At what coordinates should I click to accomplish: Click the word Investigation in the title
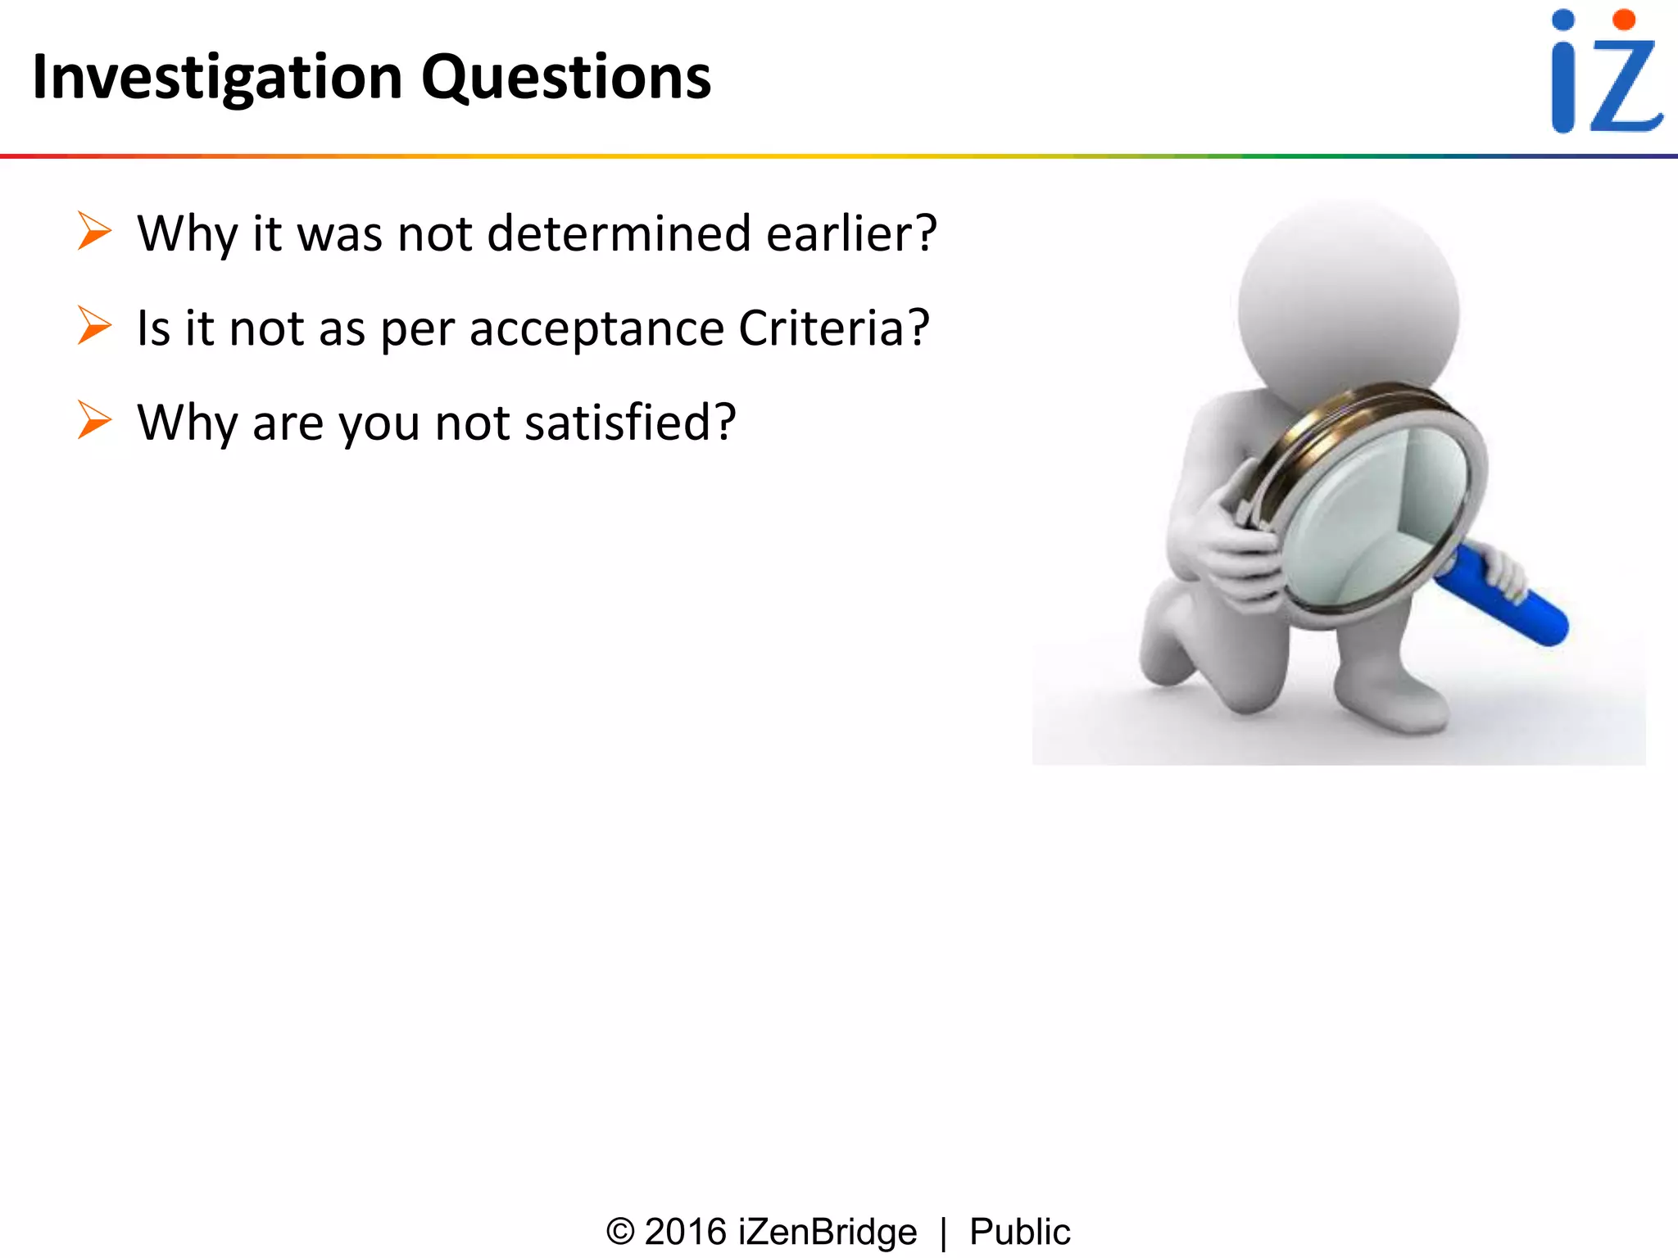[217, 78]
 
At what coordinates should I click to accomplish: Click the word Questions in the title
[565, 78]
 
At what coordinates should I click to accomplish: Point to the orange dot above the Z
[1623, 20]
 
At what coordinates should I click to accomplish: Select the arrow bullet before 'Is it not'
[94, 326]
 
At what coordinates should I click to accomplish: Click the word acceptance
[596, 329]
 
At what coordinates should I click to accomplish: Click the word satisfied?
[630, 423]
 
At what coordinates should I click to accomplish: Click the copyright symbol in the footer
[620, 1232]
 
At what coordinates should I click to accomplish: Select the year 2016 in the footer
[686, 1232]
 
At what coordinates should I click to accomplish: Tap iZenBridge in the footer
[828, 1232]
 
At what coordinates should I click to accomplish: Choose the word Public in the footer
[1019, 1232]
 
